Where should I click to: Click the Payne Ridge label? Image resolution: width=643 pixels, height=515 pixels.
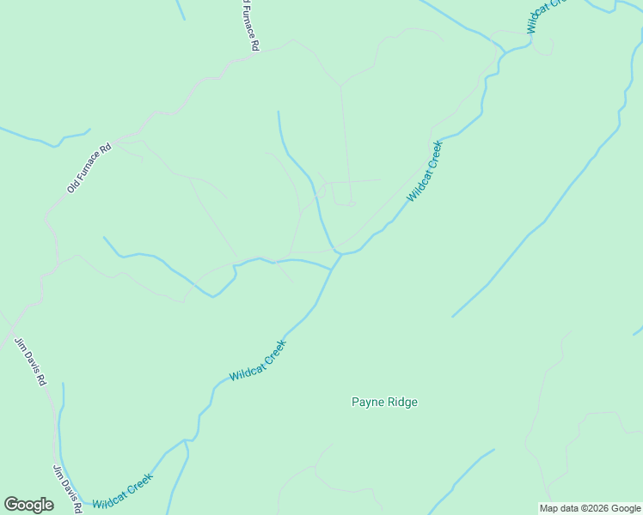[x=384, y=402]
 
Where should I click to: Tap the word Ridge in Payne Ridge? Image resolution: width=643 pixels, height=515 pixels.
[x=401, y=402]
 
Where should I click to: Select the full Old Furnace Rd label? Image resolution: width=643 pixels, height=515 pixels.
[x=89, y=168]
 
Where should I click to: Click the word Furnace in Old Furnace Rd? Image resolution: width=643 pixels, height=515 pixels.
[x=90, y=167]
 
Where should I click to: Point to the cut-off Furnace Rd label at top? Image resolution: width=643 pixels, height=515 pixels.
[x=249, y=26]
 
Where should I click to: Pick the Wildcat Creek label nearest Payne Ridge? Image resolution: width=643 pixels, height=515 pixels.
[x=257, y=361]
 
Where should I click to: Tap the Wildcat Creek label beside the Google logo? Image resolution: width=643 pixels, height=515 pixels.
[x=122, y=491]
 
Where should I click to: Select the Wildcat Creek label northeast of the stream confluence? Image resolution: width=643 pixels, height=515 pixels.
[x=424, y=171]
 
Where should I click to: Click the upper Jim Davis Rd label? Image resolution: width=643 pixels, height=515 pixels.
[x=30, y=360]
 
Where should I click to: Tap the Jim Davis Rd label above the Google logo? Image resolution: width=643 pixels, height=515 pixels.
[x=66, y=488]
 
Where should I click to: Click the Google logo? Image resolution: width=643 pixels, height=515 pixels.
[x=28, y=505]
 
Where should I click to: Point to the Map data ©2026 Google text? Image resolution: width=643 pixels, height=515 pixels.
[x=590, y=508]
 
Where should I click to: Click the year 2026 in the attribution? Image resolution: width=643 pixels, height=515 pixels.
[x=596, y=508]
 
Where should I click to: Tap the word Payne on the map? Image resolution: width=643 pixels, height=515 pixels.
[x=366, y=402]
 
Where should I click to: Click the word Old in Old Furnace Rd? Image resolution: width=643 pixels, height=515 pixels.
[x=74, y=184]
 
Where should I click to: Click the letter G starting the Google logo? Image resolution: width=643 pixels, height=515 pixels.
[x=11, y=505]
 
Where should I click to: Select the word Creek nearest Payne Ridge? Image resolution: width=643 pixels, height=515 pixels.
[x=273, y=352]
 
